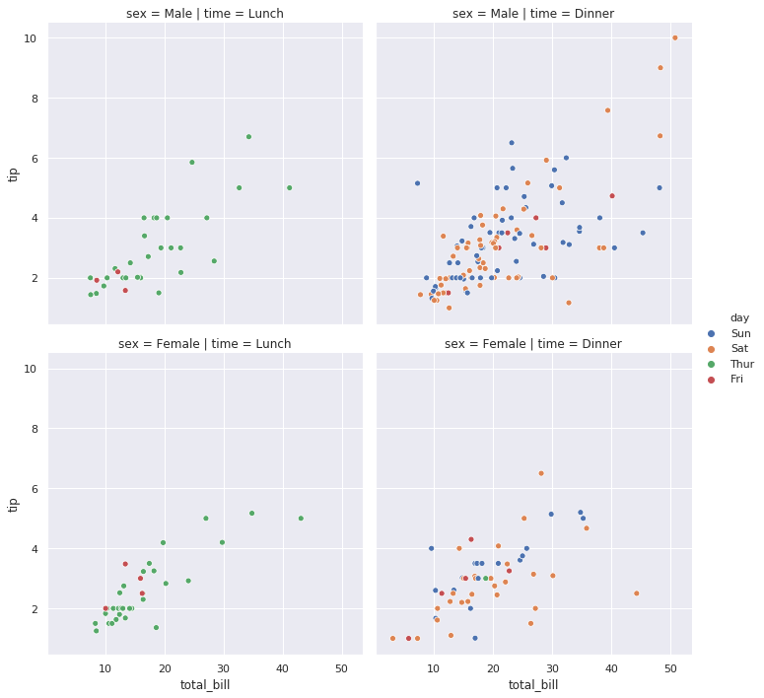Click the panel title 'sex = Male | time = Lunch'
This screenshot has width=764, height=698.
(205, 14)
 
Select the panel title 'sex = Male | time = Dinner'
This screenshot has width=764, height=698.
(532, 14)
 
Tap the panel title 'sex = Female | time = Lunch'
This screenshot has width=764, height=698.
(205, 344)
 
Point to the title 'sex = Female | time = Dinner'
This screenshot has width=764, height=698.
(532, 344)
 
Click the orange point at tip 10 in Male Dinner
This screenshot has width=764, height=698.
(675, 38)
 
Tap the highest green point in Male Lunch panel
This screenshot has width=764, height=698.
(248, 137)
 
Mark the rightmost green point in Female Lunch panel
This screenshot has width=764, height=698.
(301, 519)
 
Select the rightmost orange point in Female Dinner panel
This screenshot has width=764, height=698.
(636, 593)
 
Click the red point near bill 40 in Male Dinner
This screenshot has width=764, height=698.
(612, 196)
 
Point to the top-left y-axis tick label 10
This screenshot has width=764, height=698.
(31, 38)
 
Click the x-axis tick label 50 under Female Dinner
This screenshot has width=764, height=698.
(670, 668)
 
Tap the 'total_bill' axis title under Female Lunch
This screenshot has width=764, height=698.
(205, 684)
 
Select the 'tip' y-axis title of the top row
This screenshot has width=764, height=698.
(14, 174)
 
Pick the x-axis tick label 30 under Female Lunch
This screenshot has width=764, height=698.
(224, 668)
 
